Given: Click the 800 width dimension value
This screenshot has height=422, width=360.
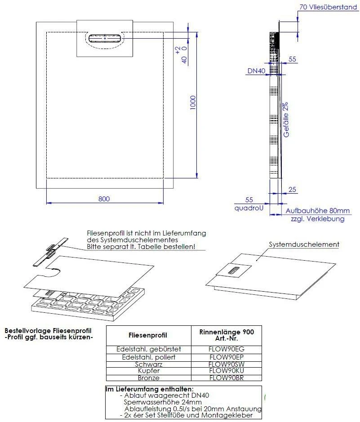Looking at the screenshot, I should (104, 199).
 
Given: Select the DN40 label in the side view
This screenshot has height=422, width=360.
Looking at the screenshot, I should (255, 71).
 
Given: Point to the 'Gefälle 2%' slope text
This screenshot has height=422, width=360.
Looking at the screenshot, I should (285, 120).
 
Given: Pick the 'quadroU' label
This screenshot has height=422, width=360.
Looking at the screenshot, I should (249, 209).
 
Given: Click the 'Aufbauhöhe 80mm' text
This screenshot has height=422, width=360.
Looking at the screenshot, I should (317, 211).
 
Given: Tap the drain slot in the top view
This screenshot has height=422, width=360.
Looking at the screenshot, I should (105, 39).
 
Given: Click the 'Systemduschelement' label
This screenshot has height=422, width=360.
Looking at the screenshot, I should (304, 244).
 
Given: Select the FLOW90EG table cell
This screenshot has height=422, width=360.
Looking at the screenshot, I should (227, 349).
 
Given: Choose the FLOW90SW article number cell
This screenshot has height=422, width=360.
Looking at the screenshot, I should (227, 364).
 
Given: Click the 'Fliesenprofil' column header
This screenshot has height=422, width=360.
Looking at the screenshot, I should (148, 335).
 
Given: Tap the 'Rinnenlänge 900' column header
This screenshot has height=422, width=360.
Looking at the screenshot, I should (227, 332).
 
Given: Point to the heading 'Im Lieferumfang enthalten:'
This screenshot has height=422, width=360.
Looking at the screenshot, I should (149, 389).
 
